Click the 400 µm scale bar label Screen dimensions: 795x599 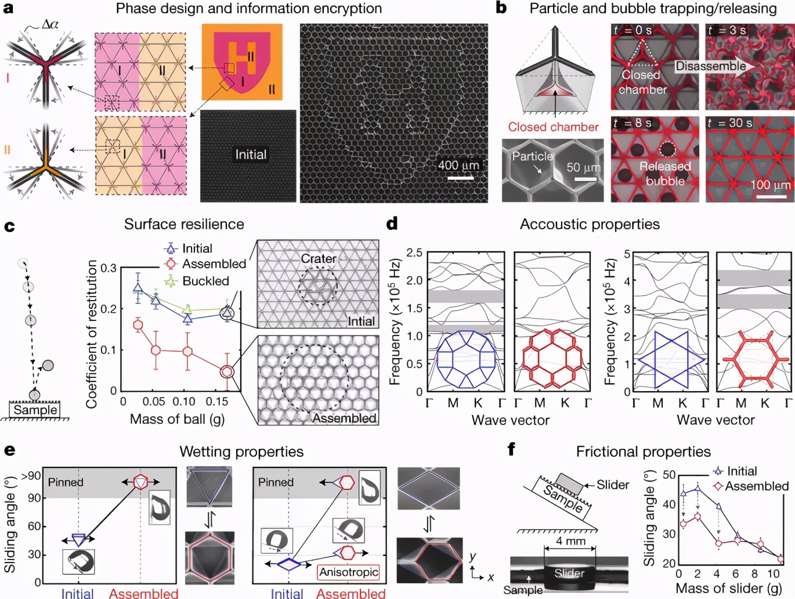(x=458, y=165)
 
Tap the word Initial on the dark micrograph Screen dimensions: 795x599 (x=251, y=154)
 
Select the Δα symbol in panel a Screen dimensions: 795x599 (x=50, y=24)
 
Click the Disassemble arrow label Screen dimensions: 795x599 (x=711, y=66)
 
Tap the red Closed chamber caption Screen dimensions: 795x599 (x=553, y=127)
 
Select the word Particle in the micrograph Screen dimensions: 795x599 (x=532, y=156)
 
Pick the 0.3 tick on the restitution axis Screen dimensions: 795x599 (x=109, y=268)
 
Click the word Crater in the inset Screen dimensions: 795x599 (x=319, y=258)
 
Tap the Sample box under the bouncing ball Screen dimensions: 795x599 (x=35, y=409)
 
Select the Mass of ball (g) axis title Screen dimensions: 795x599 (x=177, y=419)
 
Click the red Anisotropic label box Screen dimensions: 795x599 (x=348, y=572)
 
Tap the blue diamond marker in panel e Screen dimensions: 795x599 (x=289, y=564)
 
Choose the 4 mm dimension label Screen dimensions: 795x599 (x=570, y=542)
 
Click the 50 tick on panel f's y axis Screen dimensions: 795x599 (x=669, y=474)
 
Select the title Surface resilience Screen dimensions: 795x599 (x=184, y=224)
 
